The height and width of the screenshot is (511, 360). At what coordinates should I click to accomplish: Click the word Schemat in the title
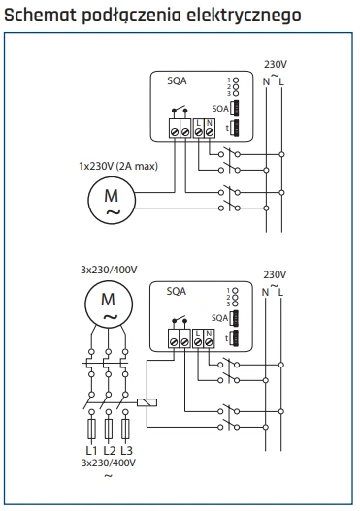41,15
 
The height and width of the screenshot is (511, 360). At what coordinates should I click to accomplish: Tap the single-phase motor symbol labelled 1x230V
112,200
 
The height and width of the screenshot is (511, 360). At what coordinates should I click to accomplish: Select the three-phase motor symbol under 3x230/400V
109,303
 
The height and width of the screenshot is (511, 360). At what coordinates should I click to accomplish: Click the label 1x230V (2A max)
118,166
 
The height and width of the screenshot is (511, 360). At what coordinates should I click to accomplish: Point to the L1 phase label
91,450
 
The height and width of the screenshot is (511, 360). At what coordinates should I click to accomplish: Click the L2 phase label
110,450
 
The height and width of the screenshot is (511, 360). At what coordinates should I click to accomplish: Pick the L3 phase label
126,450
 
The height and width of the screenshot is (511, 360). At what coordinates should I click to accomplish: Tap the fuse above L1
92,429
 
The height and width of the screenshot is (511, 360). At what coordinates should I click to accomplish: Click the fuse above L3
125,429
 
